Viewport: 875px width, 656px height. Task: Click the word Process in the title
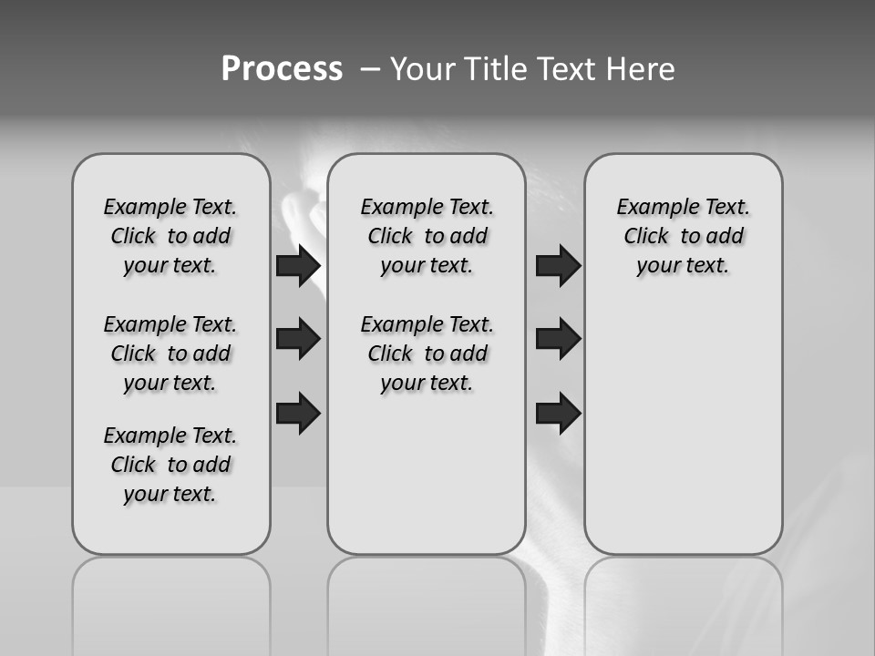(x=282, y=68)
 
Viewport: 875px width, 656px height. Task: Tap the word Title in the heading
(x=496, y=69)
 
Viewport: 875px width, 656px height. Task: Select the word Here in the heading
(x=641, y=69)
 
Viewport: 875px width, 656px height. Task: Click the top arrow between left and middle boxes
(x=298, y=266)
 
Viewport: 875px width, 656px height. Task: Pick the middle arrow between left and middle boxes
(x=298, y=339)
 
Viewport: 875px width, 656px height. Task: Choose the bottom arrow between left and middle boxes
(x=298, y=414)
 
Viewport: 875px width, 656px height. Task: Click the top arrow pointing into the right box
(x=558, y=266)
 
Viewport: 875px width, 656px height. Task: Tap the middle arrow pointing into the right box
(x=558, y=339)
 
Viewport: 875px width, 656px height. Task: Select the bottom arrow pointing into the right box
(x=558, y=414)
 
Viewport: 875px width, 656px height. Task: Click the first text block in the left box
(x=170, y=236)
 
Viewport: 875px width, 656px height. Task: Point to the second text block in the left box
(x=170, y=354)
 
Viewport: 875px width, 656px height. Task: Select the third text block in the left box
(x=170, y=465)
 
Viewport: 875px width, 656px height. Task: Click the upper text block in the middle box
(x=427, y=236)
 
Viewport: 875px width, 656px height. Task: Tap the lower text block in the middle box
(x=427, y=354)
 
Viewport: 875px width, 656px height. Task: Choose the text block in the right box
(x=683, y=236)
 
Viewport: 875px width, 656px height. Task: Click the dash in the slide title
(x=370, y=69)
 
